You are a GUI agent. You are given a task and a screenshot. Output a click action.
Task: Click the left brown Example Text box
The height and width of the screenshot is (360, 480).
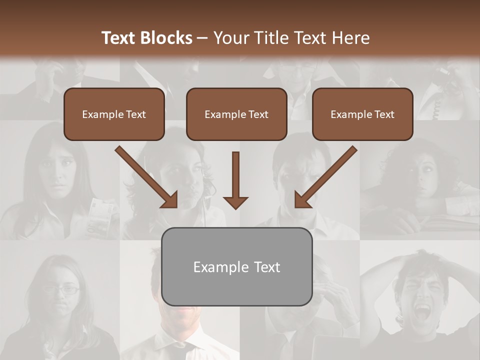[x=114, y=114]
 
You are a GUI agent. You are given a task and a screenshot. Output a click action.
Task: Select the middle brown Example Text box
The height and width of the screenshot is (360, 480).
[x=236, y=114]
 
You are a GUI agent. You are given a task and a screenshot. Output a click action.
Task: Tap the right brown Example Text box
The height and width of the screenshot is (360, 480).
[x=362, y=114]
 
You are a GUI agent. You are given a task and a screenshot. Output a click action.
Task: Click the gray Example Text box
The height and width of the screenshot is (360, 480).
[x=237, y=266]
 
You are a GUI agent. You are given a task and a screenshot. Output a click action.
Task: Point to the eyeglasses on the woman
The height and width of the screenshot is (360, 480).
[x=61, y=289]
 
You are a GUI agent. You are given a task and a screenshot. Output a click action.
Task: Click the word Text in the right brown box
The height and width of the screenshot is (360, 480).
[x=384, y=114]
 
